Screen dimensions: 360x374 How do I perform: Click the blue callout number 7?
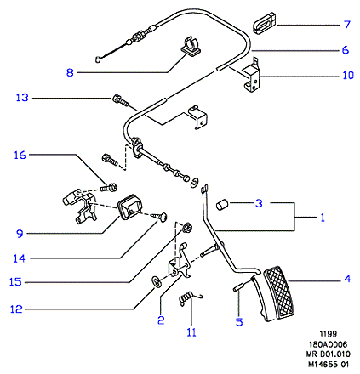[347, 25]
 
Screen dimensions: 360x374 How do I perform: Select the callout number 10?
[348, 76]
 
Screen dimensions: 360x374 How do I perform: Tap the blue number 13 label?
[22, 98]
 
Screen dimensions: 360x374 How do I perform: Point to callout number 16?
[20, 155]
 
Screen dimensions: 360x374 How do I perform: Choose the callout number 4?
[347, 279]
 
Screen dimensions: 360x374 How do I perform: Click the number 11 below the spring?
[191, 332]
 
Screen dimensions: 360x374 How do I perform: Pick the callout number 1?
[323, 218]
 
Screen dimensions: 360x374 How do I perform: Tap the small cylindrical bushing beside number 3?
[222, 205]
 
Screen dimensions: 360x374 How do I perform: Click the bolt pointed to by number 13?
[120, 100]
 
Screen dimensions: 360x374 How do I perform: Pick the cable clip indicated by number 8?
[191, 45]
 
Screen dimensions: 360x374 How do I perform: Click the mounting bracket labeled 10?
[252, 76]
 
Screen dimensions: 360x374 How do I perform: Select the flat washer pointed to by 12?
[156, 281]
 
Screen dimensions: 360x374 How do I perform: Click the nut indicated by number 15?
[186, 227]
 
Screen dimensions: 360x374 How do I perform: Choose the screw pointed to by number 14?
[160, 217]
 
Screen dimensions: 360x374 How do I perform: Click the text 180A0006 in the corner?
[328, 344]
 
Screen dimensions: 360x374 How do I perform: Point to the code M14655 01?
[329, 365]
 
